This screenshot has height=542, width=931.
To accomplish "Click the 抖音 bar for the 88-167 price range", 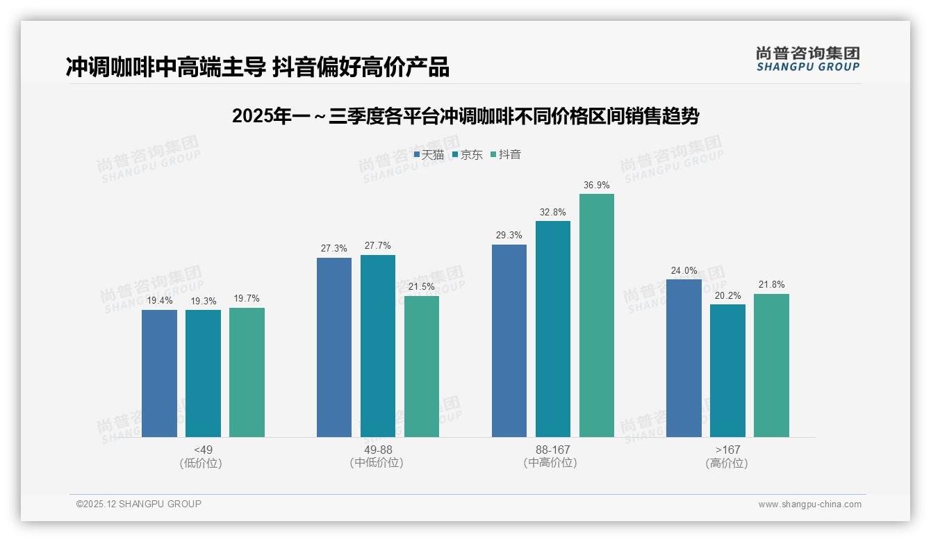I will point(596,315).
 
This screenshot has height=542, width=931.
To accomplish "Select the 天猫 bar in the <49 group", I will point(159,373).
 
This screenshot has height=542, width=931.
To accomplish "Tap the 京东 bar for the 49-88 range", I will point(377,346).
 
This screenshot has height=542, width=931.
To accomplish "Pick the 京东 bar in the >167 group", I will point(727,370).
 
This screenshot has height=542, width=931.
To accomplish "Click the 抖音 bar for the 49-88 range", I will point(422,366).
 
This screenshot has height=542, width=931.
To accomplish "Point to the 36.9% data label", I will point(596,186).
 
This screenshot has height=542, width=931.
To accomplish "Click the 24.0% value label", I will point(684,271).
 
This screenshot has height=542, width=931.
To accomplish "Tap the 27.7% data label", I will point(377,246).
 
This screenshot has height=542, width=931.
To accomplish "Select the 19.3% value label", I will point(203,301).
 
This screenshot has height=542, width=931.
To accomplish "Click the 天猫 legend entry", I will point(429,154).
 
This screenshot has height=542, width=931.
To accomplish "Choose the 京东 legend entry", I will point(467,154).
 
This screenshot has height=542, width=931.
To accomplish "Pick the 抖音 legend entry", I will point(506,154).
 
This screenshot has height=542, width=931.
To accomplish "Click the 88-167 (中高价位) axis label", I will point(552,456).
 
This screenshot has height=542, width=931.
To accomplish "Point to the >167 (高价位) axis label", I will point(727,456).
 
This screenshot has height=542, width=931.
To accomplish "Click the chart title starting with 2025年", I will point(465,116).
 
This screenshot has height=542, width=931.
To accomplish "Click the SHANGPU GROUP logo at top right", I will point(807,58).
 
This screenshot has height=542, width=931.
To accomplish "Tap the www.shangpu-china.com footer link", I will point(809,504).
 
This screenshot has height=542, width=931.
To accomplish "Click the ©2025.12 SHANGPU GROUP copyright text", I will point(139,504).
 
